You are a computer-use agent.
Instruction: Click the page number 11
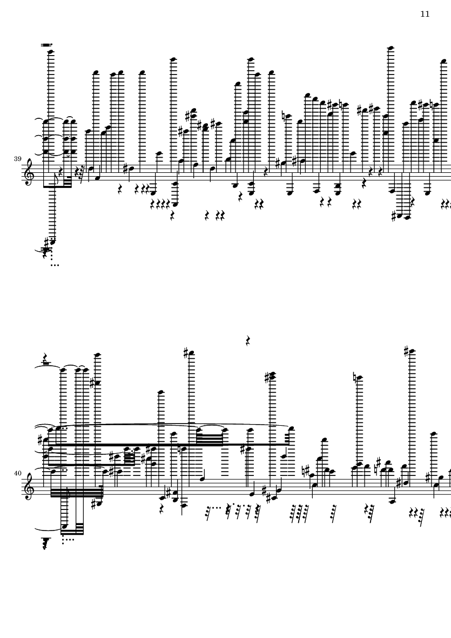425,14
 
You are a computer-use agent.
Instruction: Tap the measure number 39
18,159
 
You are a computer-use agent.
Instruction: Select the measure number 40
18,473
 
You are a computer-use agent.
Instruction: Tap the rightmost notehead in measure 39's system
443,61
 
